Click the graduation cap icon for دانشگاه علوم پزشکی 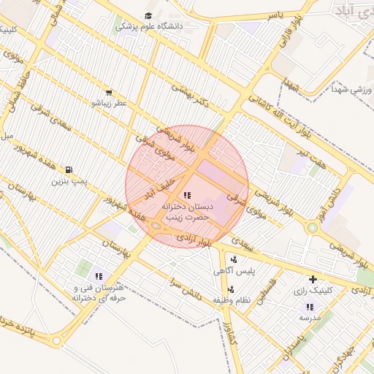coord(149,15)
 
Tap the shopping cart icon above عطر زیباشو coord(109,93)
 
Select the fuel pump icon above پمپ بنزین coord(69,169)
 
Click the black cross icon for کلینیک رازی coord(313,279)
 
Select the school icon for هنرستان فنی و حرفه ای coord(99,276)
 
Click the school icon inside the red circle coord(187,195)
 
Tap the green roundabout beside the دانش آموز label coord(313,228)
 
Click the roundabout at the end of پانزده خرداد coord(57,341)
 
